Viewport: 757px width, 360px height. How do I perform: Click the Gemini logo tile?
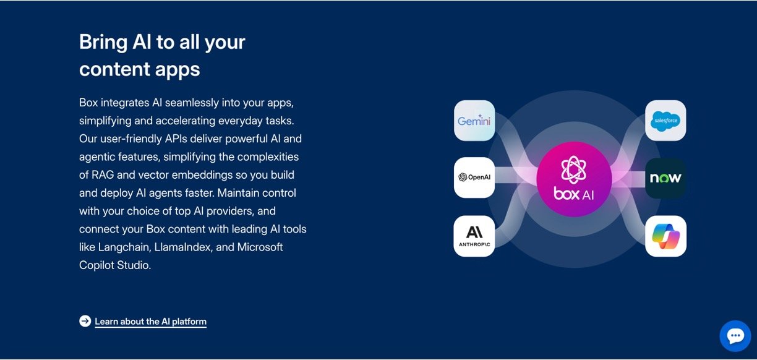[x=474, y=121]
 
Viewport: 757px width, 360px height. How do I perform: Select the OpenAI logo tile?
[x=474, y=178]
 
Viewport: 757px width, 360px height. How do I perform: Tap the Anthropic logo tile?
[x=474, y=236]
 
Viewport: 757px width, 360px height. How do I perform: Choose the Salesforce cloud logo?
[x=665, y=121]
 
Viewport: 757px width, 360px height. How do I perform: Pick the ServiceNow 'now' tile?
[x=665, y=178]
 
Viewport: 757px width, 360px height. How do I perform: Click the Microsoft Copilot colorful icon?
[x=665, y=236]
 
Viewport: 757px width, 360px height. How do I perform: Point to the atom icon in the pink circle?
[x=573, y=169]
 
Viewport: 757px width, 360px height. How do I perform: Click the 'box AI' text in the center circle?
[x=573, y=194]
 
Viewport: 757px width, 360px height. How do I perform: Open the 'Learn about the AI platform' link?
[x=150, y=322]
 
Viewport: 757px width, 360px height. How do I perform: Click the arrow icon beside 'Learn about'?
[x=85, y=321]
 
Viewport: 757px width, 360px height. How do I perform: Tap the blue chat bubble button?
[x=735, y=336]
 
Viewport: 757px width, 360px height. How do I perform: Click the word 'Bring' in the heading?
[x=103, y=43]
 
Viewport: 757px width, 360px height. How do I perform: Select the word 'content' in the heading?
[x=114, y=69]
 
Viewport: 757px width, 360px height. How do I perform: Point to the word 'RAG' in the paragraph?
[x=103, y=175]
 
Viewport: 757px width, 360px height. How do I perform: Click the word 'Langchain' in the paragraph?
[x=124, y=247]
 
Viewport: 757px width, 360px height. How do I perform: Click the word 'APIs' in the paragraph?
[x=176, y=139]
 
